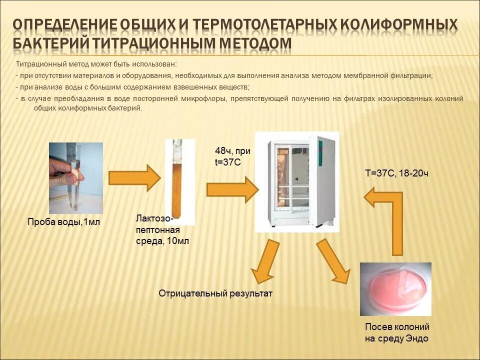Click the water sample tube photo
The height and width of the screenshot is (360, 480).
pyautogui.click(x=76, y=178)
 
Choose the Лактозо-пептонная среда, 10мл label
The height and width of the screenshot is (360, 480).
pyautogui.click(x=162, y=230)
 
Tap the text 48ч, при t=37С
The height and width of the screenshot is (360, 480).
pyautogui.click(x=232, y=156)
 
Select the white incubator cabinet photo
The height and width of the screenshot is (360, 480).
pyautogui.click(x=297, y=182)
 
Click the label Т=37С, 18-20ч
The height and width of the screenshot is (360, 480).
pyautogui.click(x=396, y=173)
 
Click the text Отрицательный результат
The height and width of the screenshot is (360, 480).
pyautogui.click(x=215, y=293)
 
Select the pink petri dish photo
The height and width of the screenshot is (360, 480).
pyautogui.click(x=395, y=289)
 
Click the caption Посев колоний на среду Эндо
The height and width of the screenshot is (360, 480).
pyautogui.click(x=396, y=333)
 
